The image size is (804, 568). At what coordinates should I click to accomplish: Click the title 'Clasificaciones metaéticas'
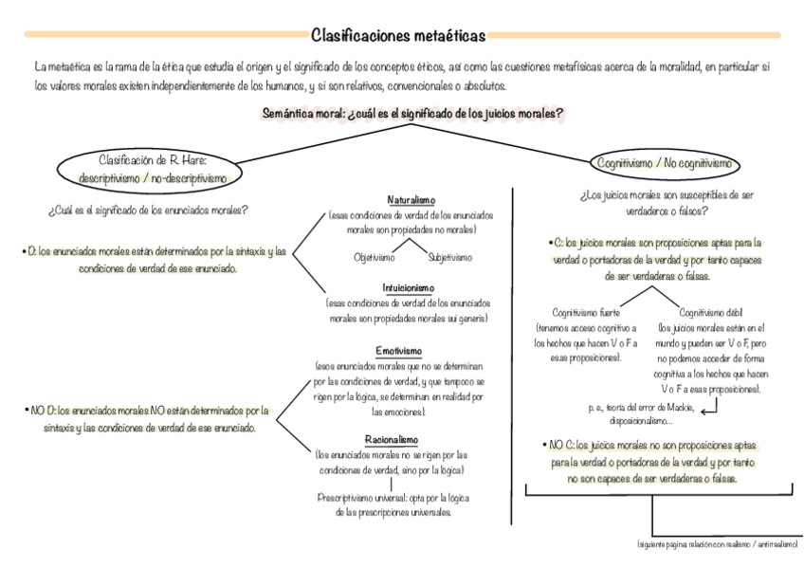coord(398,36)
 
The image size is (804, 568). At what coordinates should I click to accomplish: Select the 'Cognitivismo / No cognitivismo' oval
coord(666,164)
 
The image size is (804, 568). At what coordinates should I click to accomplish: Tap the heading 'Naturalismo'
coord(411,201)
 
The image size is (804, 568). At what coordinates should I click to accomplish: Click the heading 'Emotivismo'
coord(399,351)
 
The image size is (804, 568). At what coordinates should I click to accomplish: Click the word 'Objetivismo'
coord(375,257)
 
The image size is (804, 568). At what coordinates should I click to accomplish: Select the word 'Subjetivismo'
coord(450,257)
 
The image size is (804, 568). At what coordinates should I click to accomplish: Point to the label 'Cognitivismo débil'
coord(710,312)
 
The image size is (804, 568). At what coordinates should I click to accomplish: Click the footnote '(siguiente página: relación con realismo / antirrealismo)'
coord(717,544)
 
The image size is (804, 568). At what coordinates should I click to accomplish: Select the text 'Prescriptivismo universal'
coord(360,498)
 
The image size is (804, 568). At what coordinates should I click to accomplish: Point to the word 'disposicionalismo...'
coord(642,420)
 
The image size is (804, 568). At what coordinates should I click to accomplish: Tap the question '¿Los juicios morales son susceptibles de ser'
coord(667,195)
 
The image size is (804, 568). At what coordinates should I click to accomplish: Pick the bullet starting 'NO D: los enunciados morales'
coord(147,412)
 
